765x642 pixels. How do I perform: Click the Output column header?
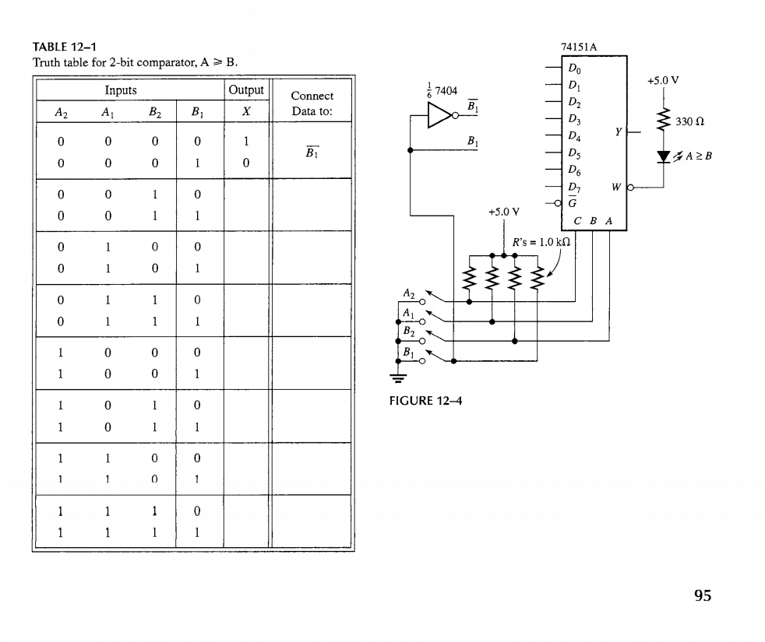pyautogui.click(x=246, y=90)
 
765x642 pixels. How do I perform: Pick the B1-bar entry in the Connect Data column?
pyautogui.click(x=312, y=153)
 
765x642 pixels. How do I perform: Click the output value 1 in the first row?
pyautogui.click(x=246, y=143)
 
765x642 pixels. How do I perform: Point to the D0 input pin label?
pyautogui.click(x=574, y=70)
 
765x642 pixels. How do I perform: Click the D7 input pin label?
pyautogui.click(x=574, y=187)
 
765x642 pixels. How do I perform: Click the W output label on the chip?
pyautogui.click(x=616, y=187)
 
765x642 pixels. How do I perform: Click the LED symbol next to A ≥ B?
pyautogui.click(x=664, y=155)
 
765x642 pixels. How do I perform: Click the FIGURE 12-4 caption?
pyautogui.click(x=425, y=402)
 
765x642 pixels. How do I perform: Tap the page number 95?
pyautogui.click(x=702, y=596)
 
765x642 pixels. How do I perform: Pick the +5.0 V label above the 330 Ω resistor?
pyautogui.click(x=663, y=79)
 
